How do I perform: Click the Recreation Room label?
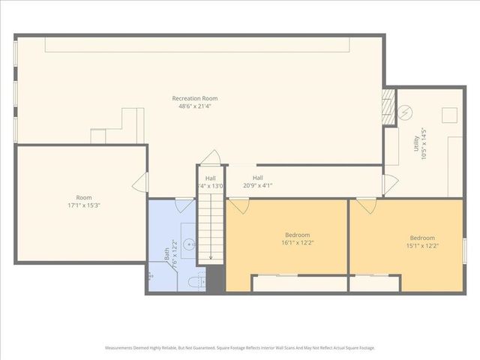(x=195, y=98)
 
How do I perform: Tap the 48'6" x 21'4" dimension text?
(x=195, y=106)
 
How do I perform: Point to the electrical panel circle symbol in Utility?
(x=406, y=113)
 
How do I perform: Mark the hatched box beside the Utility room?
(x=388, y=108)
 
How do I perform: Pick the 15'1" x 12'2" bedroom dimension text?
(x=422, y=246)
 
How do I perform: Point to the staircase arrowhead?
(x=211, y=257)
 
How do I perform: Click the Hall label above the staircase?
(x=211, y=178)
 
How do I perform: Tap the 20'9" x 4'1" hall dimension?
(x=257, y=185)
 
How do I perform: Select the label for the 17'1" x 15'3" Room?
(x=83, y=197)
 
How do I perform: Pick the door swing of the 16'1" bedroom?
(x=237, y=205)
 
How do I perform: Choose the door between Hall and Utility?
(x=388, y=184)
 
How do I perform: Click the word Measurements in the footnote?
(x=121, y=348)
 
